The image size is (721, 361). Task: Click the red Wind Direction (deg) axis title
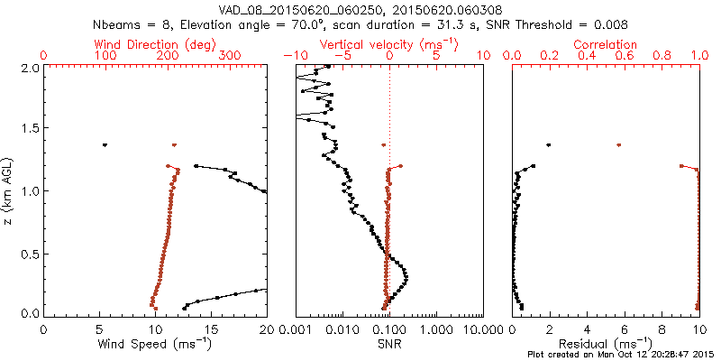tap(155, 44)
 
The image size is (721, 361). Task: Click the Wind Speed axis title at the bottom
tap(155, 343)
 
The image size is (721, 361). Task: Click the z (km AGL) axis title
tap(9, 190)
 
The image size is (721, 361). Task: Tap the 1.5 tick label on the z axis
tap(30, 129)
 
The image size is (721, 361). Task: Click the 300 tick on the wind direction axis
tap(230, 56)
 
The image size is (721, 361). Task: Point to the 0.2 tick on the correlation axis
tap(550, 56)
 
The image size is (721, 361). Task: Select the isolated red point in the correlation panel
tap(618, 144)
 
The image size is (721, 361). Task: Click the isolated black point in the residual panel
tap(548, 144)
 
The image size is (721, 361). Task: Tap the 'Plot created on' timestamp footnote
tap(622, 355)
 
